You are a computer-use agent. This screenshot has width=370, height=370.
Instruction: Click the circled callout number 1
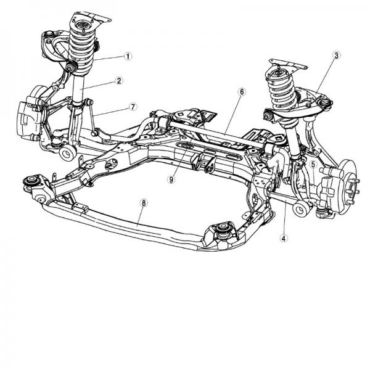pyautogui.click(x=128, y=56)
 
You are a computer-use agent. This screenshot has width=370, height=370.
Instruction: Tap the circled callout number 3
pyautogui.click(x=336, y=55)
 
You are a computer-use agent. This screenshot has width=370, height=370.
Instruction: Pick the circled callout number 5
pyautogui.click(x=313, y=165)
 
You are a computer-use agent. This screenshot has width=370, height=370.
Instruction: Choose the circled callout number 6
pyautogui.click(x=242, y=92)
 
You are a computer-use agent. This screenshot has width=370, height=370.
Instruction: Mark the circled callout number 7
pyautogui.click(x=133, y=107)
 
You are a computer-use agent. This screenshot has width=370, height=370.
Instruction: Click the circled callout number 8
pyautogui.click(x=144, y=202)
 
